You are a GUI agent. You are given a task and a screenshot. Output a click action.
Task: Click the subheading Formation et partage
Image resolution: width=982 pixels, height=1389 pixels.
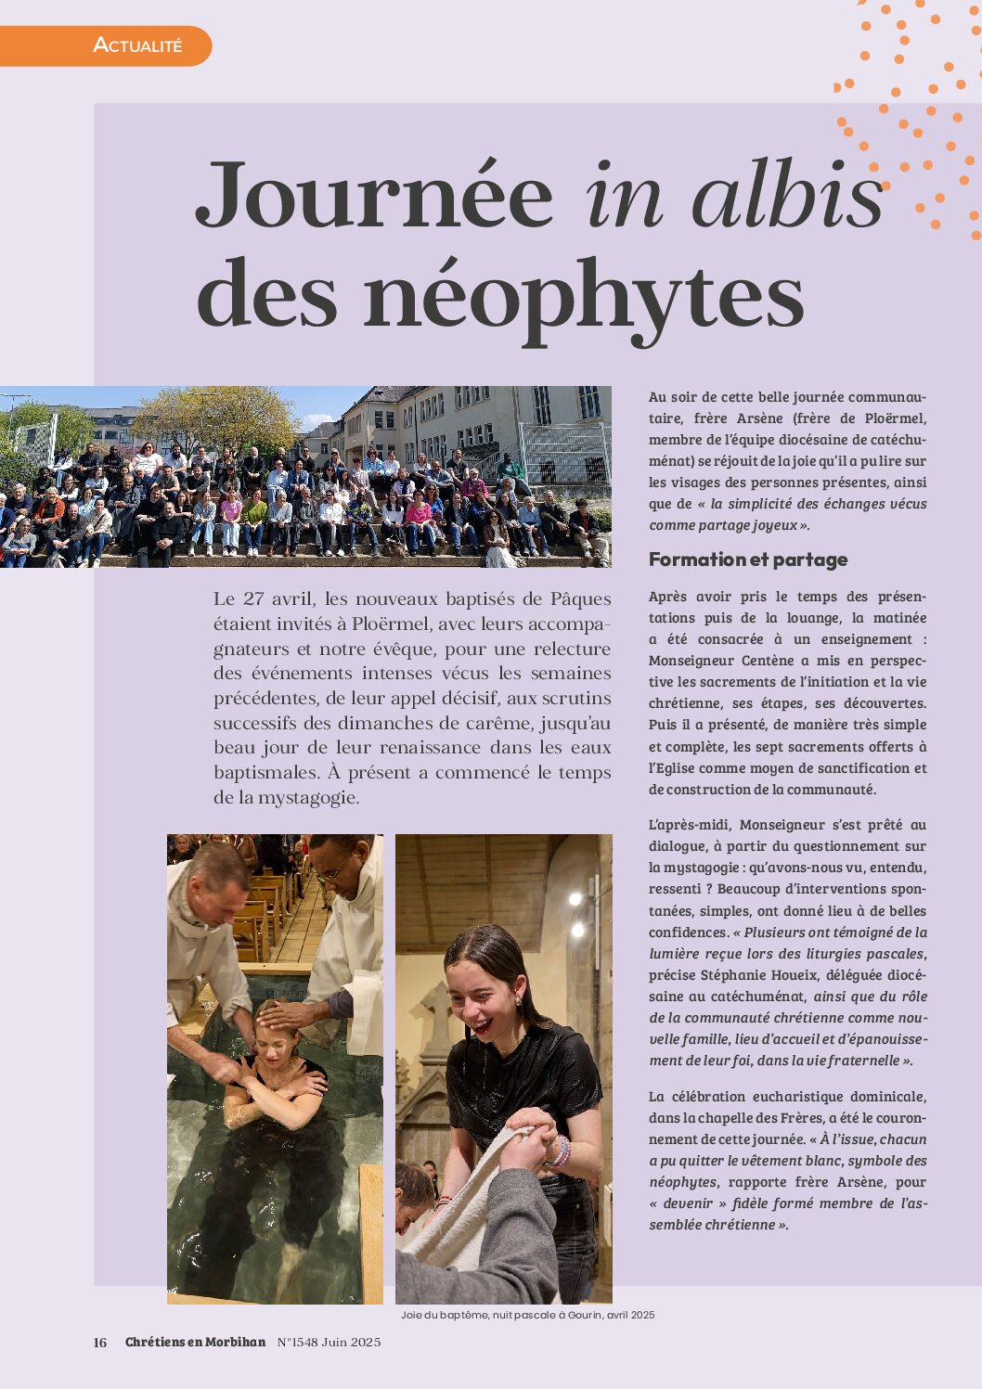(x=748, y=559)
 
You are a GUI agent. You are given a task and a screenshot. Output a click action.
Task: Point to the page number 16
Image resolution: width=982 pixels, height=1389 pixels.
(x=100, y=1342)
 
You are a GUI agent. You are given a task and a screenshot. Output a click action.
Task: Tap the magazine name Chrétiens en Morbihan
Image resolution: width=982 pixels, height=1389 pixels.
(x=195, y=1342)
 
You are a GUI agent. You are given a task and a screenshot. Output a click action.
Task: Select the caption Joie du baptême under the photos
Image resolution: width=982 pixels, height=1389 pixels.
(x=527, y=1315)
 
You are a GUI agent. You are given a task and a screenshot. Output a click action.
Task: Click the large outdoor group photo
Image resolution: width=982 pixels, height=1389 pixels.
(x=305, y=477)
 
